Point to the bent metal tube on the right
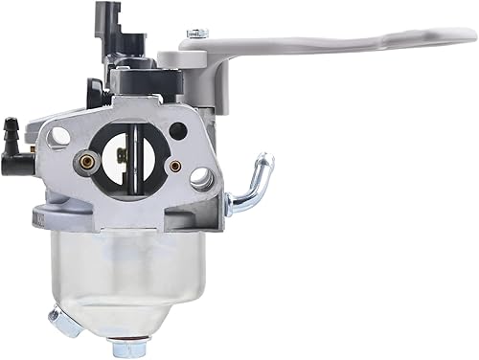(x=251, y=187)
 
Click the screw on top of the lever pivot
(x=196, y=34)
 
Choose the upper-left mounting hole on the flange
(x=60, y=136)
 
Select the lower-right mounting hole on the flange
(x=201, y=177)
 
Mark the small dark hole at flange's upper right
(x=177, y=130)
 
